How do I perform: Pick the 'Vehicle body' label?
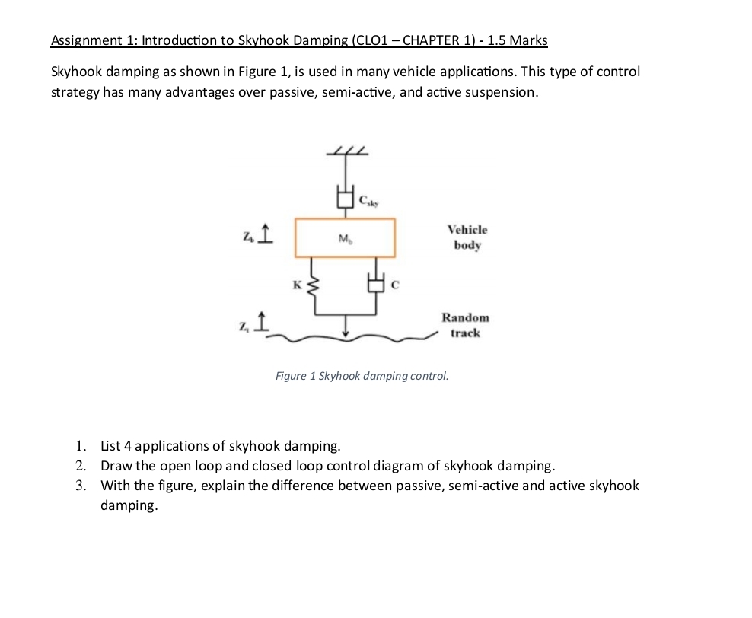[x=467, y=237]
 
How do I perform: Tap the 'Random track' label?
[x=465, y=325]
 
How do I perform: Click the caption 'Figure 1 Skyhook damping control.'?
[x=362, y=376]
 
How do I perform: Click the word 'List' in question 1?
[x=111, y=446]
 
